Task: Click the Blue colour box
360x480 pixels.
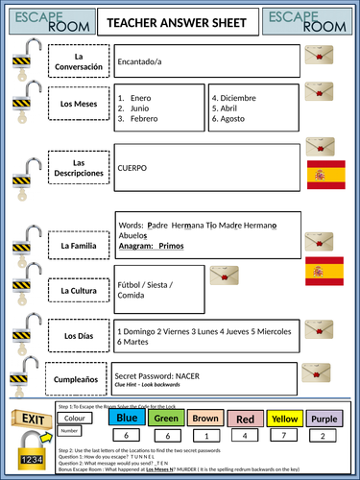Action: [127, 418]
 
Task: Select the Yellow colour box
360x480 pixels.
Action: [284, 418]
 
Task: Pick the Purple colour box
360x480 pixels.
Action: [324, 418]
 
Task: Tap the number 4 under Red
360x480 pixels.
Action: [246, 435]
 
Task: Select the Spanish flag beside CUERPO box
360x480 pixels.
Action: [320, 175]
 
